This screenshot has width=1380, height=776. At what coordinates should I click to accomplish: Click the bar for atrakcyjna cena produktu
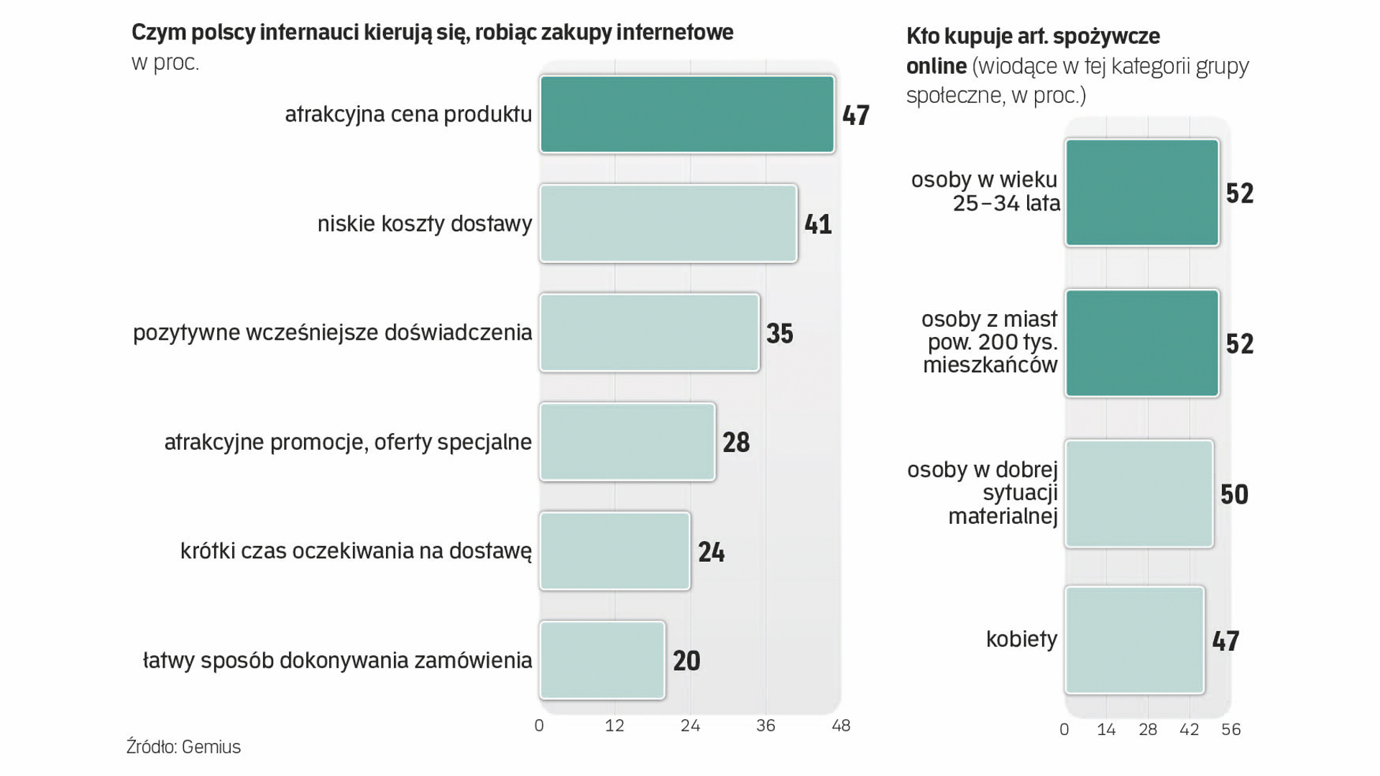click(686, 114)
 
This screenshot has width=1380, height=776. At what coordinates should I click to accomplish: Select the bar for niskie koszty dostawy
click(668, 223)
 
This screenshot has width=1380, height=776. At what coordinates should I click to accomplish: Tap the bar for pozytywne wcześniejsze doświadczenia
click(649, 333)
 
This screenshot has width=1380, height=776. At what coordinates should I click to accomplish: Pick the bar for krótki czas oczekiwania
click(615, 551)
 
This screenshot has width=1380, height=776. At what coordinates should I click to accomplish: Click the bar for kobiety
click(1134, 640)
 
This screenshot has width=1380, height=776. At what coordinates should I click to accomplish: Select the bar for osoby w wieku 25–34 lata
click(1141, 193)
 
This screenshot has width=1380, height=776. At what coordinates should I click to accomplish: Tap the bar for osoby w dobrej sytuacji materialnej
click(1138, 494)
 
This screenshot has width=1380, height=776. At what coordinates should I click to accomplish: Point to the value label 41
click(818, 224)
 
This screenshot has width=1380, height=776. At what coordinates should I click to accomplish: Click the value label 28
click(736, 443)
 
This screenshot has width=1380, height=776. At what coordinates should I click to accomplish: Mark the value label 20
click(686, 661)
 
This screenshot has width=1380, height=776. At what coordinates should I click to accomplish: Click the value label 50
click(1234, 494)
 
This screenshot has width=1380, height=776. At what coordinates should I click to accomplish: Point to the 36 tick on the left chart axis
click(765, 726)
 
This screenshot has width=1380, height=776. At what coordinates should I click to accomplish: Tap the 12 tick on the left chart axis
click(615, 726)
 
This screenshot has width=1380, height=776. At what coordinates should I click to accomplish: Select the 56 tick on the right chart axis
click(1230, 730)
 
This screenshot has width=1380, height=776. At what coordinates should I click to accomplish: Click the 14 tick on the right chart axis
click(1106, 730)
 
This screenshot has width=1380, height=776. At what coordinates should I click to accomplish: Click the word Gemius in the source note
click(211, 747)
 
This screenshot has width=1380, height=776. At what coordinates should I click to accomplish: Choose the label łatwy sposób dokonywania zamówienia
click(337, 660)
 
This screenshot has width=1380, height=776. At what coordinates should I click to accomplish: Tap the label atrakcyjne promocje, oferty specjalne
click(348, 442)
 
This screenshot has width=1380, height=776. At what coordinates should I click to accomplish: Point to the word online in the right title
click(936, 66)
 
